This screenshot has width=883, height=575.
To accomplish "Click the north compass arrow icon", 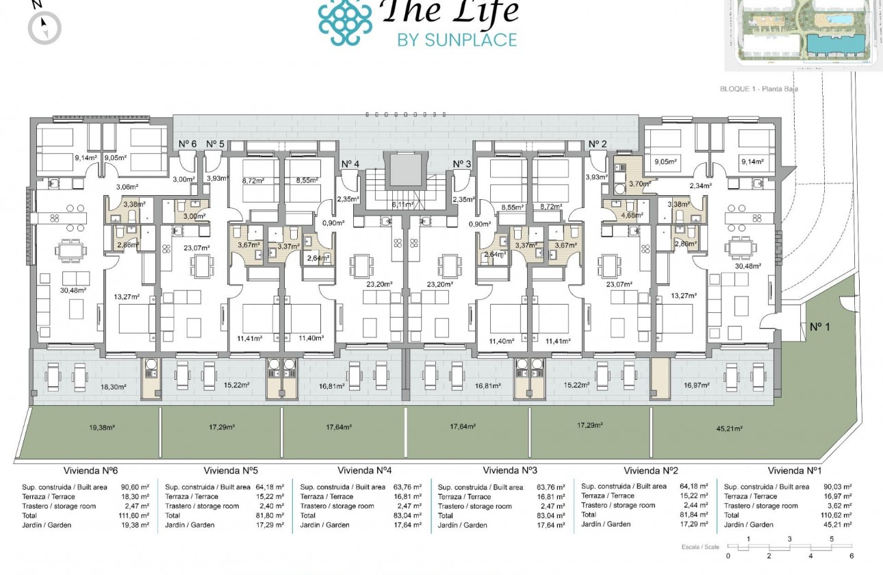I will pyautogui.click(x=44, y=27).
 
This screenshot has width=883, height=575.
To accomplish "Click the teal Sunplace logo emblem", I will pyautogui.click(x=346, y=22).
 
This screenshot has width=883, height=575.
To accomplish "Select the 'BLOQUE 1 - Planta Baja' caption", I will pyautogui.click(x=759, y=89).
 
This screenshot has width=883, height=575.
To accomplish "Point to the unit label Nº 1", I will pyautogui.click(x=819, y=327).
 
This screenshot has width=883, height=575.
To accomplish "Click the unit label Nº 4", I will pyautogui.click(x=350, y=164).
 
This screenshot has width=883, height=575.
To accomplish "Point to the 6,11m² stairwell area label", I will pyautogui.click(x=402, y=205).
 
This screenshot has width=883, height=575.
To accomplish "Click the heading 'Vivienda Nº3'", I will pyautogui.click(x=510, y=471).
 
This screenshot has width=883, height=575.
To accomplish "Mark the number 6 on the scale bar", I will pyautogui.click(x=852, y=556).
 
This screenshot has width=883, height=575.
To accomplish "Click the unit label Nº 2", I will pyautogui.click(x=598, y=144).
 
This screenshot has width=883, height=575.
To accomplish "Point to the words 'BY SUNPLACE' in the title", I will pyautogui.click(x=457, y=40).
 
